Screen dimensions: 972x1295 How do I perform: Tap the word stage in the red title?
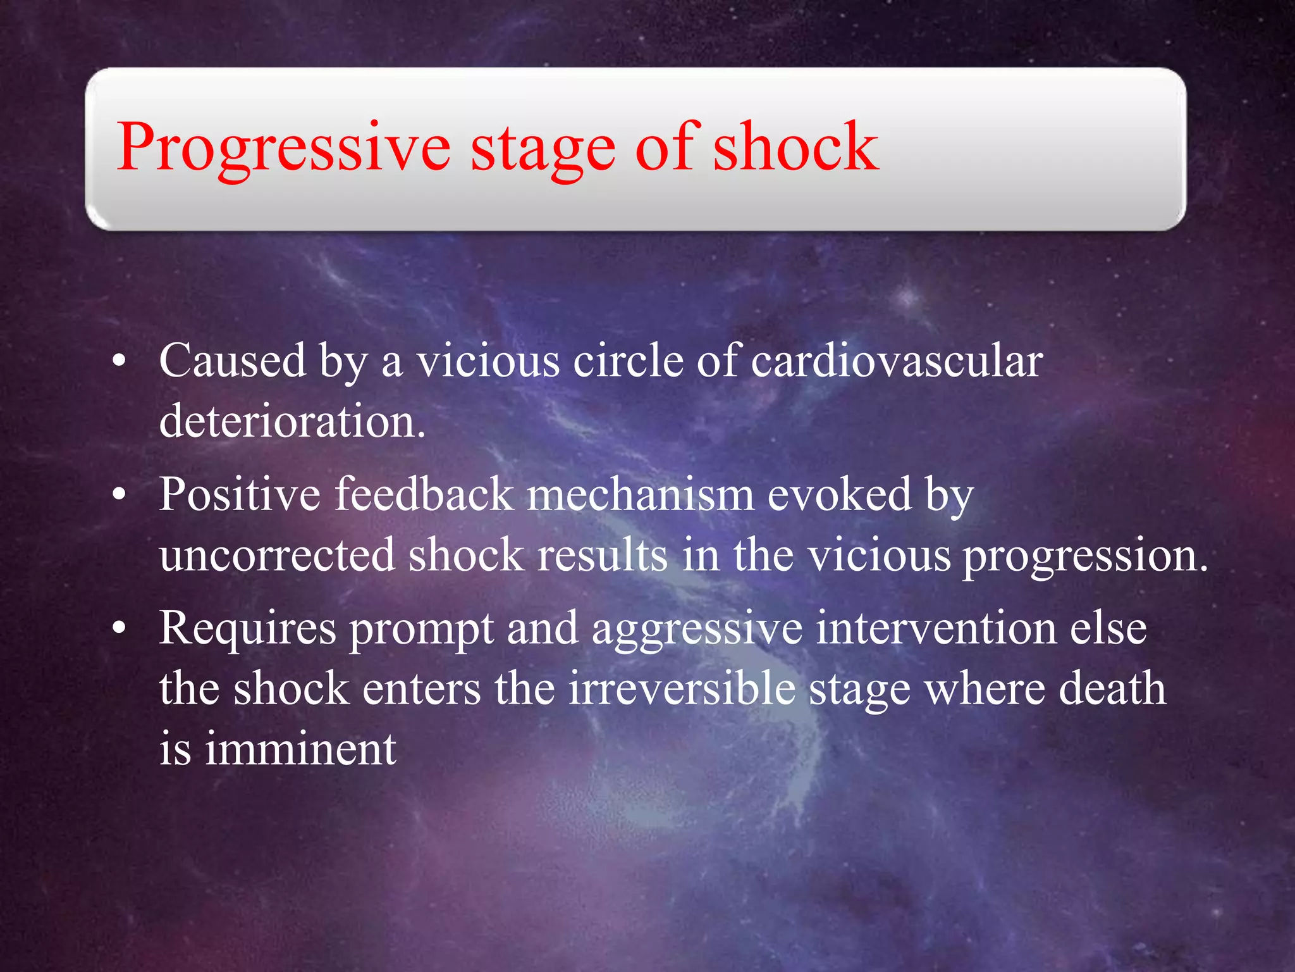(543, 149)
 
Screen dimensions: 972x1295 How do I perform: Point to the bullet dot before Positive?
(118, 495)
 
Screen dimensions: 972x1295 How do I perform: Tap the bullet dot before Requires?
(118, 630)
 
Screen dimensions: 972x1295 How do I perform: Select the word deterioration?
(292, 421)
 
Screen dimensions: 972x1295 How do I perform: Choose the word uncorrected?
(277, 555)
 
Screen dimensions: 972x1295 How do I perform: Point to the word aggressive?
(697, 630)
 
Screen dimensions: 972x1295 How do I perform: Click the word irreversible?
(682, 688)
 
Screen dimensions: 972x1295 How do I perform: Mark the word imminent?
(300, 749)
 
